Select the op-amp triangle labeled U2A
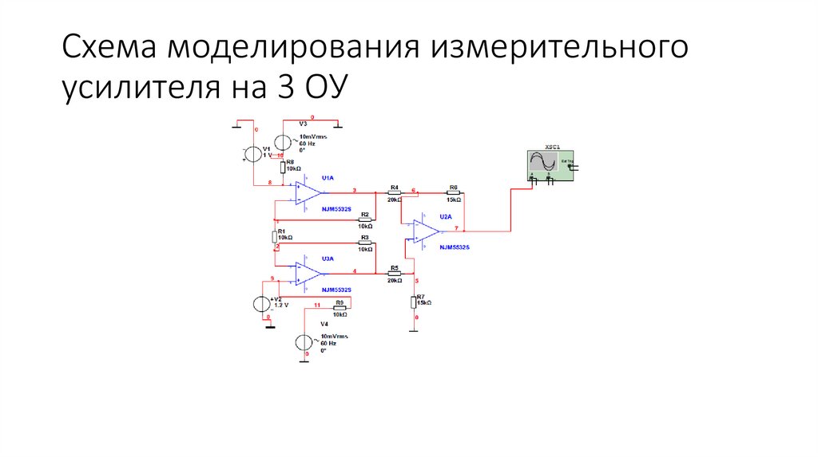427,231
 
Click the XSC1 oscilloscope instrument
546,164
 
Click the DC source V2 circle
261,304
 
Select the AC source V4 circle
304,342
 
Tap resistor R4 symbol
394,193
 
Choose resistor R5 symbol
394,274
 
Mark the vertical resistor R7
415,302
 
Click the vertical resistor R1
275,237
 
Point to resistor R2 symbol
364,220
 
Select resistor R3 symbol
364,243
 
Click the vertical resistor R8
282,168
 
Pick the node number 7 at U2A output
456,228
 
